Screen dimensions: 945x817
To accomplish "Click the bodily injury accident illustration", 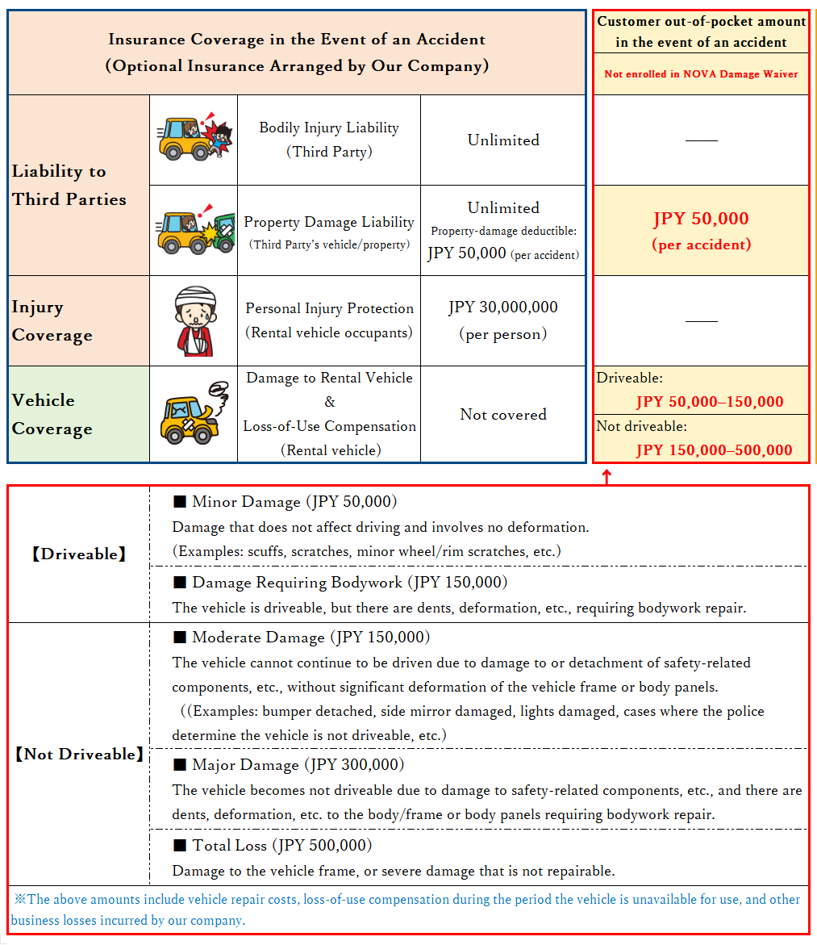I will point(194,139).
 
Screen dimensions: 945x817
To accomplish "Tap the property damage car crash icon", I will point(194,231).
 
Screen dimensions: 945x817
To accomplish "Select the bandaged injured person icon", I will point(194,320).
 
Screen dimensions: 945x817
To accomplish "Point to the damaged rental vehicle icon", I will point(194,413).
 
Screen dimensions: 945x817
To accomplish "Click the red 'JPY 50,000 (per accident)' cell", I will point(701,230).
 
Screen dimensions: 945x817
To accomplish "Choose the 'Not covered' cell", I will point(503,414).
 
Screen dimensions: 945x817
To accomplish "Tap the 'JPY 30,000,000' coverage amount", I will point(503,307).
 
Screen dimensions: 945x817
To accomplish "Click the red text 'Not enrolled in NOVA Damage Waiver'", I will point(701,74).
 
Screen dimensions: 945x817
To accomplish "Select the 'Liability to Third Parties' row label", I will point(69,185).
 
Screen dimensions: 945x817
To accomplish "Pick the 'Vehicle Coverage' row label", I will point(52,414).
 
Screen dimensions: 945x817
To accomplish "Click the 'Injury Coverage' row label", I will point(52,320).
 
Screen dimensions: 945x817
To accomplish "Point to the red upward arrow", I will point(607,476).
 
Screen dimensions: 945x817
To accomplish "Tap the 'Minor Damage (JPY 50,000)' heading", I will point(286,502).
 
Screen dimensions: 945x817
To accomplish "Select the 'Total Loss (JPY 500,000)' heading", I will point(273,846).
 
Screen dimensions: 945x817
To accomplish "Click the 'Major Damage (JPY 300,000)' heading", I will point(289,764).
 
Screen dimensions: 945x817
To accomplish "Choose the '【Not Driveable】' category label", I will point(79,755).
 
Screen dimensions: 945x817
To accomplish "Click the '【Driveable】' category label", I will point(79,554).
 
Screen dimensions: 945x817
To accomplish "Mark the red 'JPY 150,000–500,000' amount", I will point(714,450).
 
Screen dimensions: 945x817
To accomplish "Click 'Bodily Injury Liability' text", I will point(329,128).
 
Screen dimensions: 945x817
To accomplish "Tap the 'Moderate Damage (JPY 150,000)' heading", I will point(302,638).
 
